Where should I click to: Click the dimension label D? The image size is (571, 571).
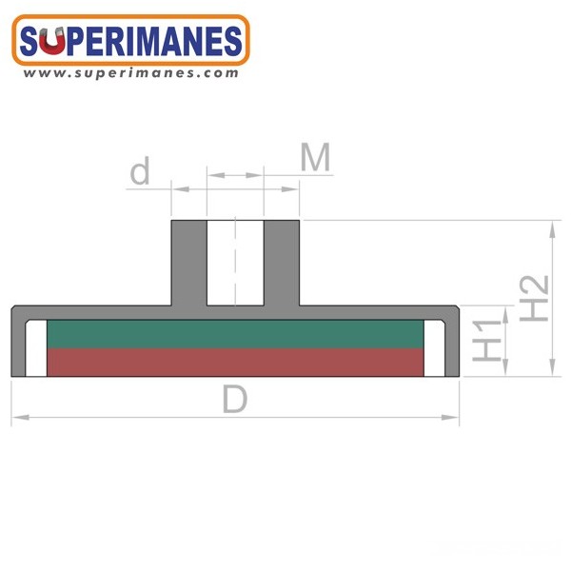(235, 399)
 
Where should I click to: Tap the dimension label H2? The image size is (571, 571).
(534, 298)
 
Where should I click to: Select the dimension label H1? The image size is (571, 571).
(486, 341)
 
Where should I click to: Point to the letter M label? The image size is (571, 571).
(315, 157)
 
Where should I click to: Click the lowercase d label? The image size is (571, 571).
(140, 170)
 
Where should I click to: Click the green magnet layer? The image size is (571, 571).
(235, 334)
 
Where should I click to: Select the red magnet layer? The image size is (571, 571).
(235, 363)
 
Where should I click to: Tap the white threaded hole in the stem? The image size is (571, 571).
(235, 263)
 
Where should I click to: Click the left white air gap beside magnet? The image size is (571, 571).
(36, 348)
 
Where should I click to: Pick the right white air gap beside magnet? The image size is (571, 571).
(435, 348)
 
